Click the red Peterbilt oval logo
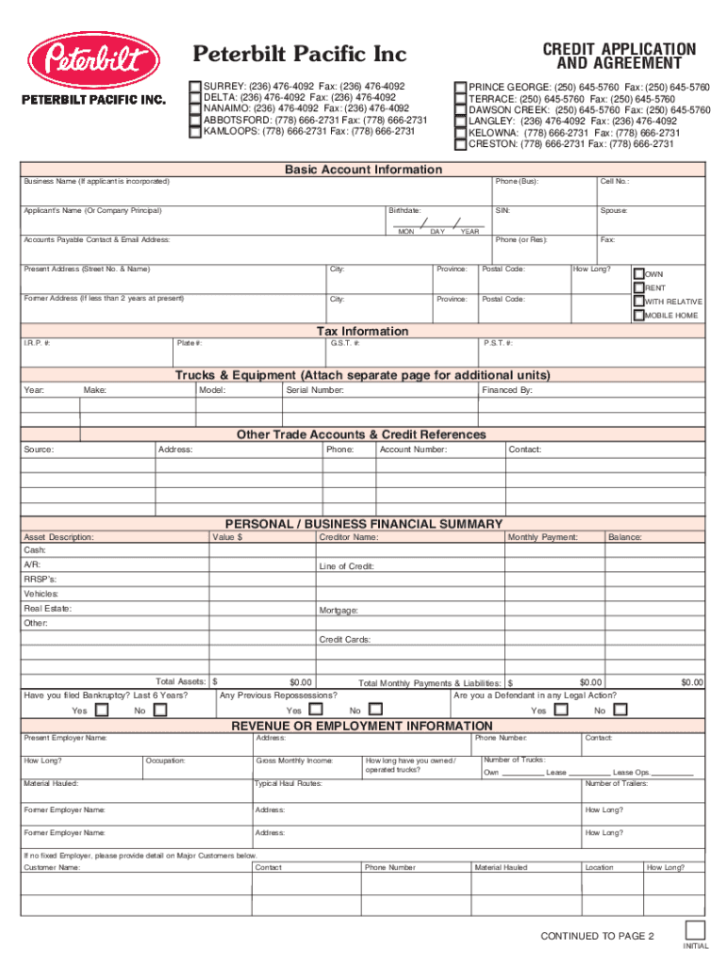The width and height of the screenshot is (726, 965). click(91, 62)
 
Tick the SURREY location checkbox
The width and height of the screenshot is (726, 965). click(195, 87)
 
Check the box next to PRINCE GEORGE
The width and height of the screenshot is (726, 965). click(460, 88)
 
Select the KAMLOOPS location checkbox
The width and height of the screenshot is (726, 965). click(195, 132)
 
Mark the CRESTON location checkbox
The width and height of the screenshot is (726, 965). click(460, 144)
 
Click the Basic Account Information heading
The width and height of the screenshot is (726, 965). click(363, 170)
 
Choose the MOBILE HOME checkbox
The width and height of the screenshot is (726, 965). click(638, 315)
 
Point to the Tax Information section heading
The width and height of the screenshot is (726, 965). click(363, 332)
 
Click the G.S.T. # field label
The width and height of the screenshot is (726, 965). click(344, 344)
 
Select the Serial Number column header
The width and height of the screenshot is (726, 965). click(315, 390)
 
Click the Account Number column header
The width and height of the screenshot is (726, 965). click(413, 450)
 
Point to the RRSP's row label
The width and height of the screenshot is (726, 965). click(40, 579)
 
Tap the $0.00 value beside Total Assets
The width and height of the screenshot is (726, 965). click(301, 681)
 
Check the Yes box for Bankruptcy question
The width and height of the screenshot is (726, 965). click(100, 710)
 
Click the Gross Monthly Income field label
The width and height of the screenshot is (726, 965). click(294, 761)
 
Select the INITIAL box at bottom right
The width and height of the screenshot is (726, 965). click(695, 929)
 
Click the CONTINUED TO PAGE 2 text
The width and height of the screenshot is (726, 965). click(597, 936)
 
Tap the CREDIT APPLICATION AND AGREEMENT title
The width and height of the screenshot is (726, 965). click(619, 57)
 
